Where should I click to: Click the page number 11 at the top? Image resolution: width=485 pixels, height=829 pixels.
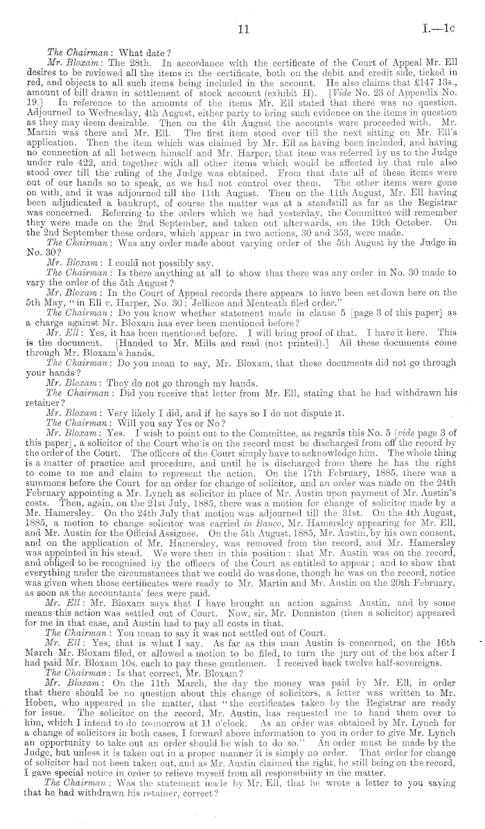[242, 29]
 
